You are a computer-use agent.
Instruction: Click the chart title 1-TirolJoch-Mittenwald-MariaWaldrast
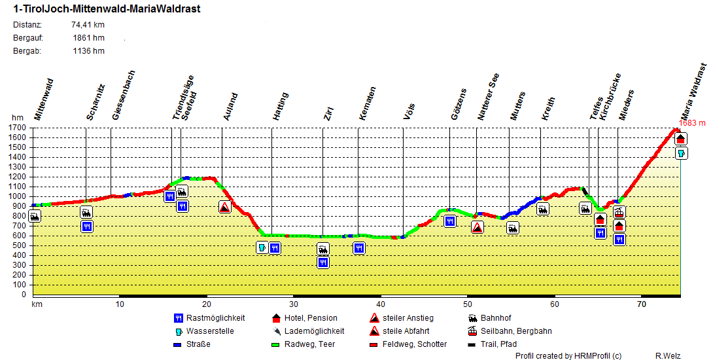pyautogui.click(x=107, y=9)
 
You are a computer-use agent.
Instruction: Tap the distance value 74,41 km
pyautogui.click(x=88, y=25)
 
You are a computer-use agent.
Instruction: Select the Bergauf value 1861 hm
pyautogui.click(x=89, y=38)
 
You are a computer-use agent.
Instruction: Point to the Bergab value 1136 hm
pyautogui.click(x=89, y=51)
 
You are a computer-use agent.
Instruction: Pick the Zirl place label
pyautogui.click(x=328, y=113)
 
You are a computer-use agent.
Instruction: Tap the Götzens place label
pyautogui.click(x=459, y=104)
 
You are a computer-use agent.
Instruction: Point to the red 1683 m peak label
pyautogui.click(x=692, y=122)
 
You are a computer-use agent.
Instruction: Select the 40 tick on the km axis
pyautogui.click(x=380, y=304)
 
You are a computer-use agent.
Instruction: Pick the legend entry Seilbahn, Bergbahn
pyautogui.click(x=515, y=331)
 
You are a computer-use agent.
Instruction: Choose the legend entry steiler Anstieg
pyautogui.click(x=408, y=318)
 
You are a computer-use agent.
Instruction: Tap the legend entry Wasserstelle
pyautogui.click(x=210, y=331)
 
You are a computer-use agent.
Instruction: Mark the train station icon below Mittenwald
pyautogui.click(x=35, y=216)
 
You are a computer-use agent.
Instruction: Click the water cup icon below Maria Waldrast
pyautogui.click(x=681, y=153)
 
